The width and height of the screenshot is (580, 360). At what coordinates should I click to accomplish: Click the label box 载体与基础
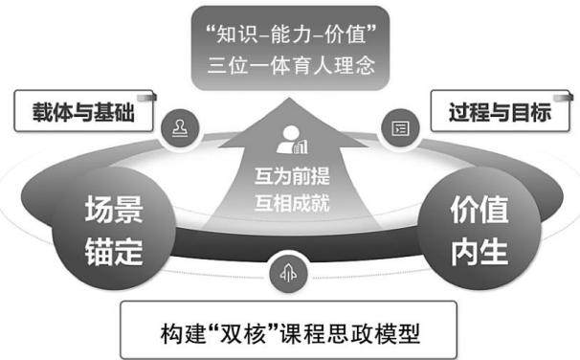coord(83,111)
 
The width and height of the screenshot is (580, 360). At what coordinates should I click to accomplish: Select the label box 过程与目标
coord(501,111)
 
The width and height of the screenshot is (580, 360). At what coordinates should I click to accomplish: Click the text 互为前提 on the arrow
coord(292,176)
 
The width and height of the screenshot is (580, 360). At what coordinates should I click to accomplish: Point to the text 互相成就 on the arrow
coord(292,203)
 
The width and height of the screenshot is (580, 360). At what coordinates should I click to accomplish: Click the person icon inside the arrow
coord(292,140)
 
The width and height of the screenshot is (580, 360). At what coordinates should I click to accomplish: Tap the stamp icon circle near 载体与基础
coord(180,128)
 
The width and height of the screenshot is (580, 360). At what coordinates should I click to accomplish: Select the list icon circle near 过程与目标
coord(400,128)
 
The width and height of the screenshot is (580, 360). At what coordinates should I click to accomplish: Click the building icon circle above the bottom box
coord(288,274)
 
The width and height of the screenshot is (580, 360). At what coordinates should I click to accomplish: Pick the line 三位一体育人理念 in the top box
coord(291,65)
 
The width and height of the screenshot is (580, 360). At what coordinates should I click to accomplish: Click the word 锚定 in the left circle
coord(114,252)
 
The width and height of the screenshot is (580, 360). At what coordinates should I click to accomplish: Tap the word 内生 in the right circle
coord(480,252)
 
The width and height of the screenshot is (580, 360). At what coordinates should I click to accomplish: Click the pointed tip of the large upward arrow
coord(290,99)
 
